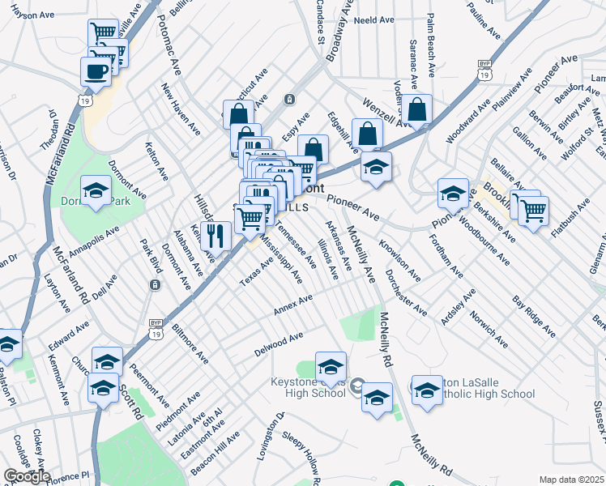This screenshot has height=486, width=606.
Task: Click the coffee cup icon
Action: point(96,70)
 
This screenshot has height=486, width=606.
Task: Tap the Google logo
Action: point(26,476)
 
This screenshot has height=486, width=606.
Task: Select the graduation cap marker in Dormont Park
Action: point(96,191)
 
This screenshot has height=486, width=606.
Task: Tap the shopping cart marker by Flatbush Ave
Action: point(532,211)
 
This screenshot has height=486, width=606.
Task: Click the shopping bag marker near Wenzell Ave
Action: point(418,109)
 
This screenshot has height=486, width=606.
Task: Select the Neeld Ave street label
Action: point(373,19)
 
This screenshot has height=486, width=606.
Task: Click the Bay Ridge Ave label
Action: point(534,315)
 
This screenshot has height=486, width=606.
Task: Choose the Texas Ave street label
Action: point(256,271)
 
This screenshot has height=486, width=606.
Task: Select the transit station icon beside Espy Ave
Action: point(289,99)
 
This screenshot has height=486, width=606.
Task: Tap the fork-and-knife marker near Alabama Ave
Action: point(215,235)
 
